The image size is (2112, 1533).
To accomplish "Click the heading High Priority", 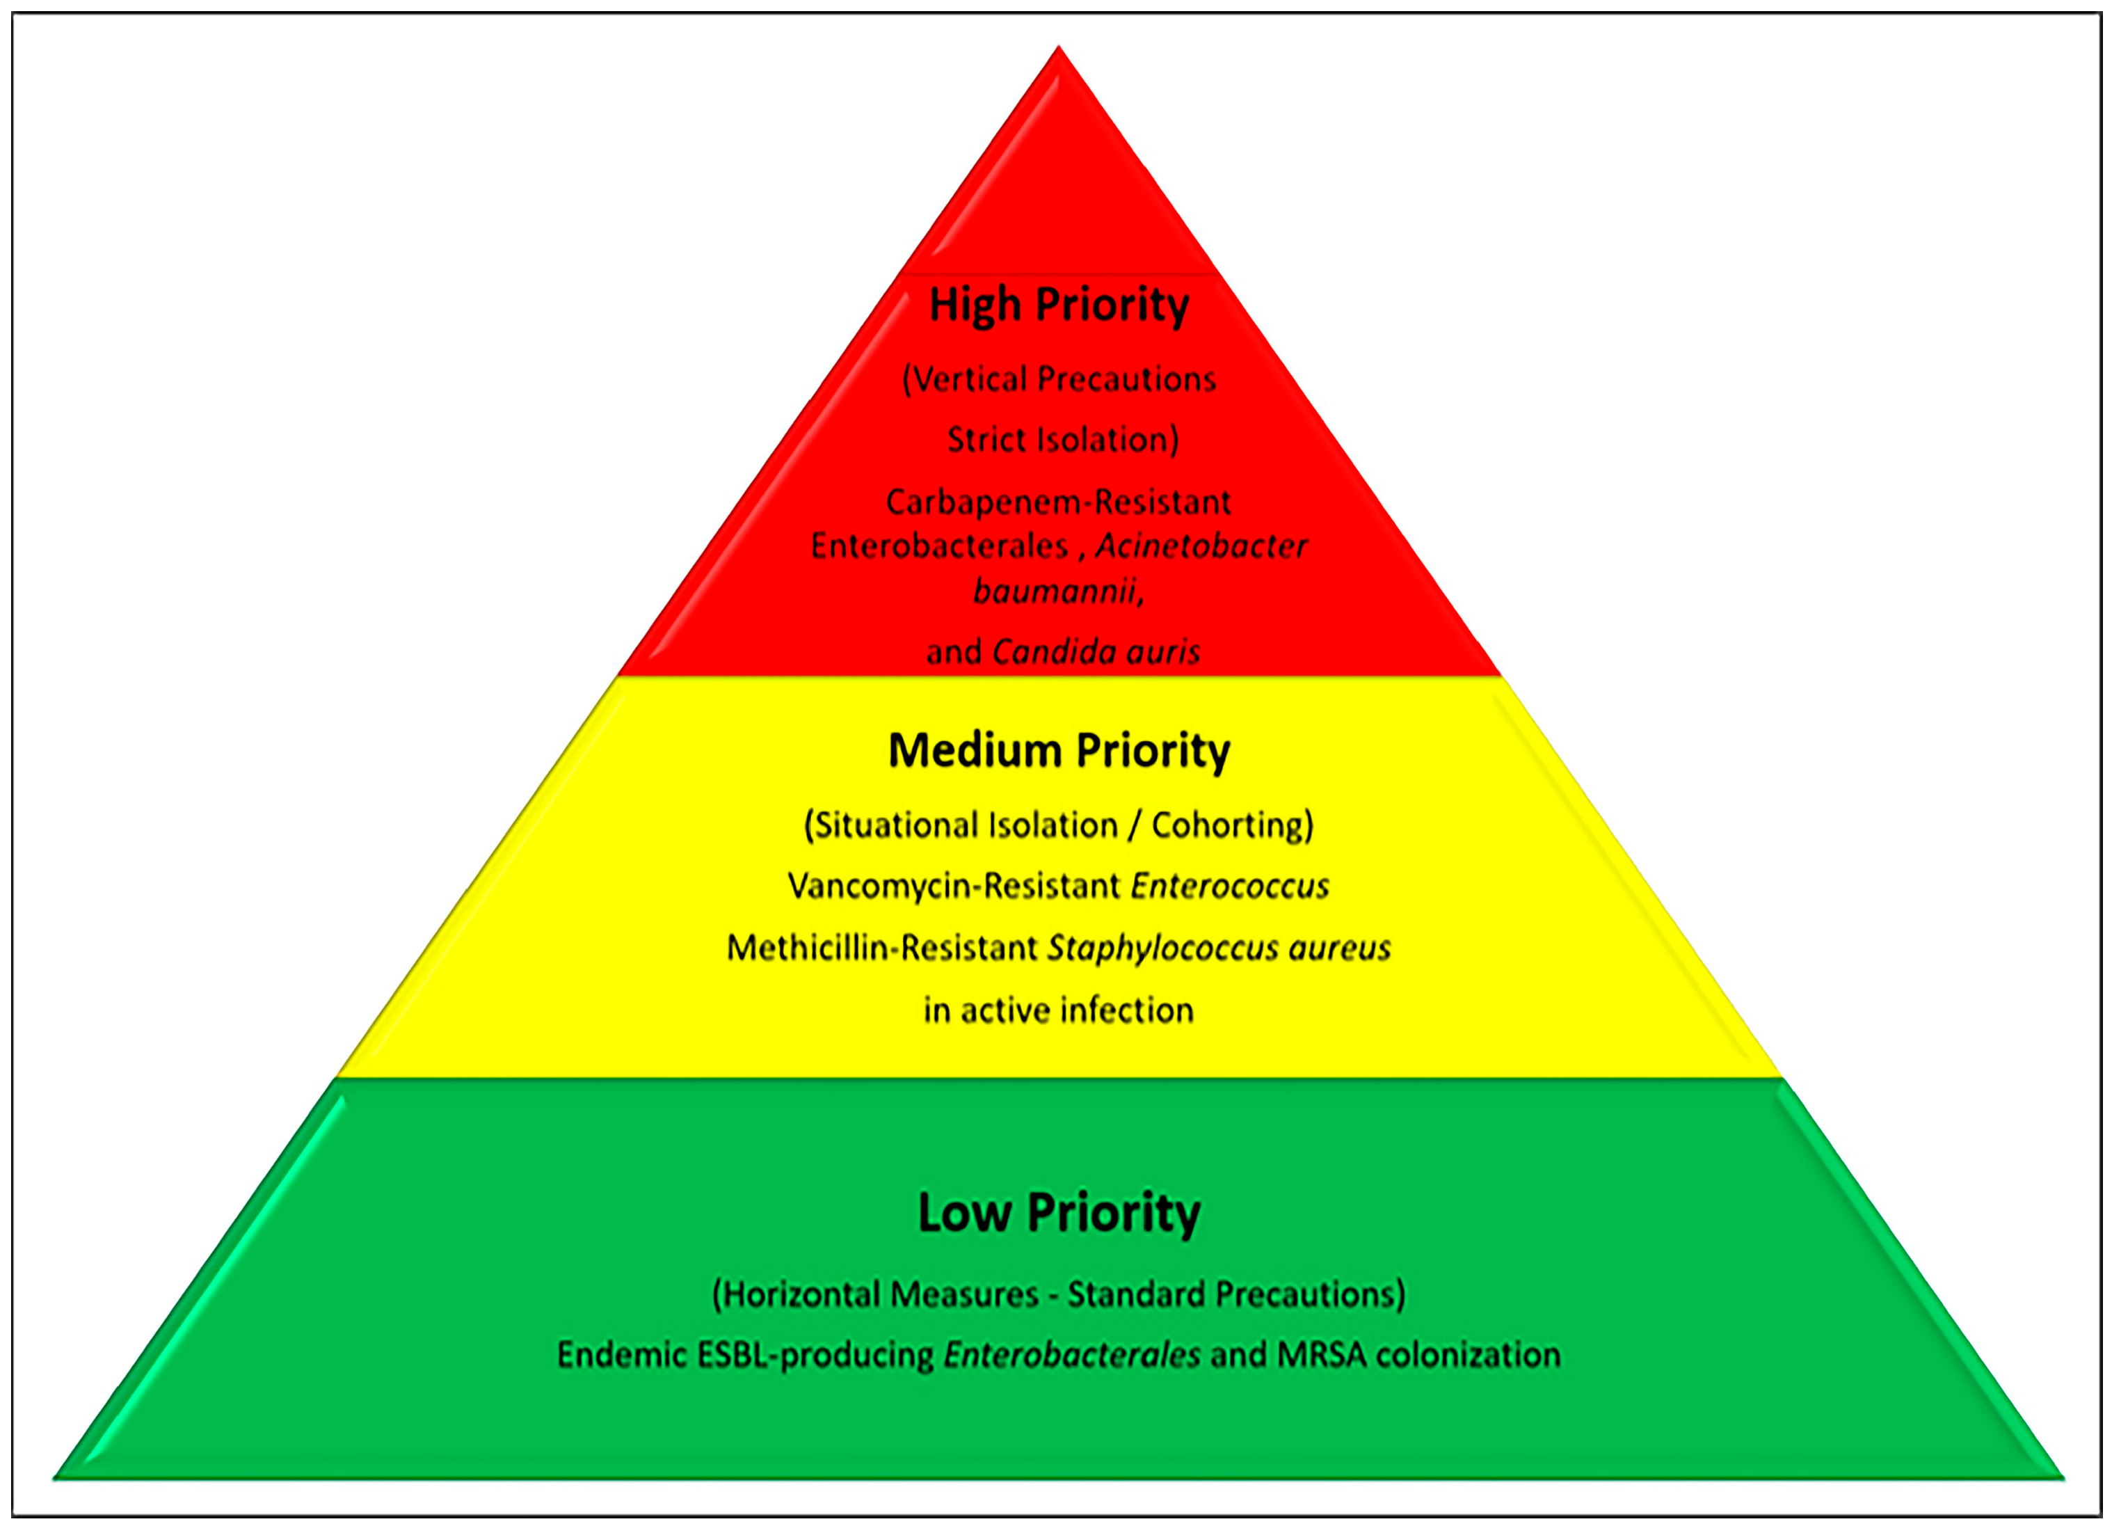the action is point(1059,305).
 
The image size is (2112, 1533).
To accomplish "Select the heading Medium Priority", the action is point(1059,751).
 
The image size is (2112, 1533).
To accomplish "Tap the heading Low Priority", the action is point(1059,1213).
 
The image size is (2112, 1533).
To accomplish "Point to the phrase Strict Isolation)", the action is point(1062,440).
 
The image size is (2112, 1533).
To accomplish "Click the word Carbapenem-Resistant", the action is point(1059,502).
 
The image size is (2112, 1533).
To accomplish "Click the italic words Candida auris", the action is point(1096,652).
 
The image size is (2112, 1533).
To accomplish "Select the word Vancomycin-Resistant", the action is point(954,886).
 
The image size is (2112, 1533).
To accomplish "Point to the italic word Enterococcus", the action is point(1230,886).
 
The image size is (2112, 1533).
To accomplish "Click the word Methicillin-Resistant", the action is point(882,948).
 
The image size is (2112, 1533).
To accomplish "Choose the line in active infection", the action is point(1059,1010).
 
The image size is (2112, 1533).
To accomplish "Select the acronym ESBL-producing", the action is point(816,1355).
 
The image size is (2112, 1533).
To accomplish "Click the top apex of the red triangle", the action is point(1058,47).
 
